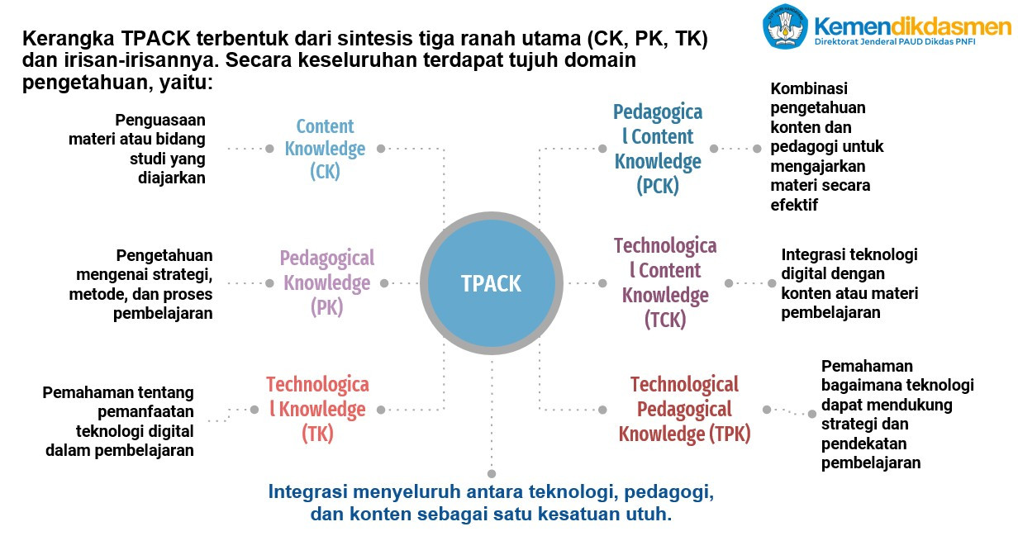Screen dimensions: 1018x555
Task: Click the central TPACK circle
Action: [x=492, y=283]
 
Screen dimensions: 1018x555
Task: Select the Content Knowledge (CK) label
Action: [x=325, y=149]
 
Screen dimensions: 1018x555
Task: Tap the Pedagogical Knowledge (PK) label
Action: [x=326, y=282]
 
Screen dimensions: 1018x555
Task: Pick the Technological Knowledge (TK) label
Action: [x=317, y=409]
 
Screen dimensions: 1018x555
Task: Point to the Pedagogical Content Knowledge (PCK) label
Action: [x=658, y=149]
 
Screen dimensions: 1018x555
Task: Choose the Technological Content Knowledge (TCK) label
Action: [x=665, y=282]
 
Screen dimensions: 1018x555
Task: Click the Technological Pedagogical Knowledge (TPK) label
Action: [x=684, y=409]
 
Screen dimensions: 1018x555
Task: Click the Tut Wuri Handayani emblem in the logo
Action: [x=785, y=26]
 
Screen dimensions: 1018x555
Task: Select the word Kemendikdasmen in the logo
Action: [x=912, y=26]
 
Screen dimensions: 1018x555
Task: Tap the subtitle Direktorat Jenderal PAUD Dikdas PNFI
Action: [x=895, y=42]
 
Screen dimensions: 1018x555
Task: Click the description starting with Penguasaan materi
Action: [x=137, y=149]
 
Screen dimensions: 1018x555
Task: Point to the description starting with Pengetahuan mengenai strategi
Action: [x=140, y=284]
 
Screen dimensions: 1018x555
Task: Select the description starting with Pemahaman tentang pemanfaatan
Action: [x=118, y=421]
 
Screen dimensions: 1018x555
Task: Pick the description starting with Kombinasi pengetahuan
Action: [x=826, y=146]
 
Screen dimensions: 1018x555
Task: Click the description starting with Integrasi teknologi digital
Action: [x=849, y=283]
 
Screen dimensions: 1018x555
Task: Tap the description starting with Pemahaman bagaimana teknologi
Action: [x=897, y=415]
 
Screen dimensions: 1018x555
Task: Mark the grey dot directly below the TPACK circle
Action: [x=492, y=474]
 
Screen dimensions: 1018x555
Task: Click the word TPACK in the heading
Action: [x=155, y=39]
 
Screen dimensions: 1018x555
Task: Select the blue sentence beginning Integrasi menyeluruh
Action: [x=492, y=502]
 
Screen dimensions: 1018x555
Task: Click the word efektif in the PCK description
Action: [x=794, y=205]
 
